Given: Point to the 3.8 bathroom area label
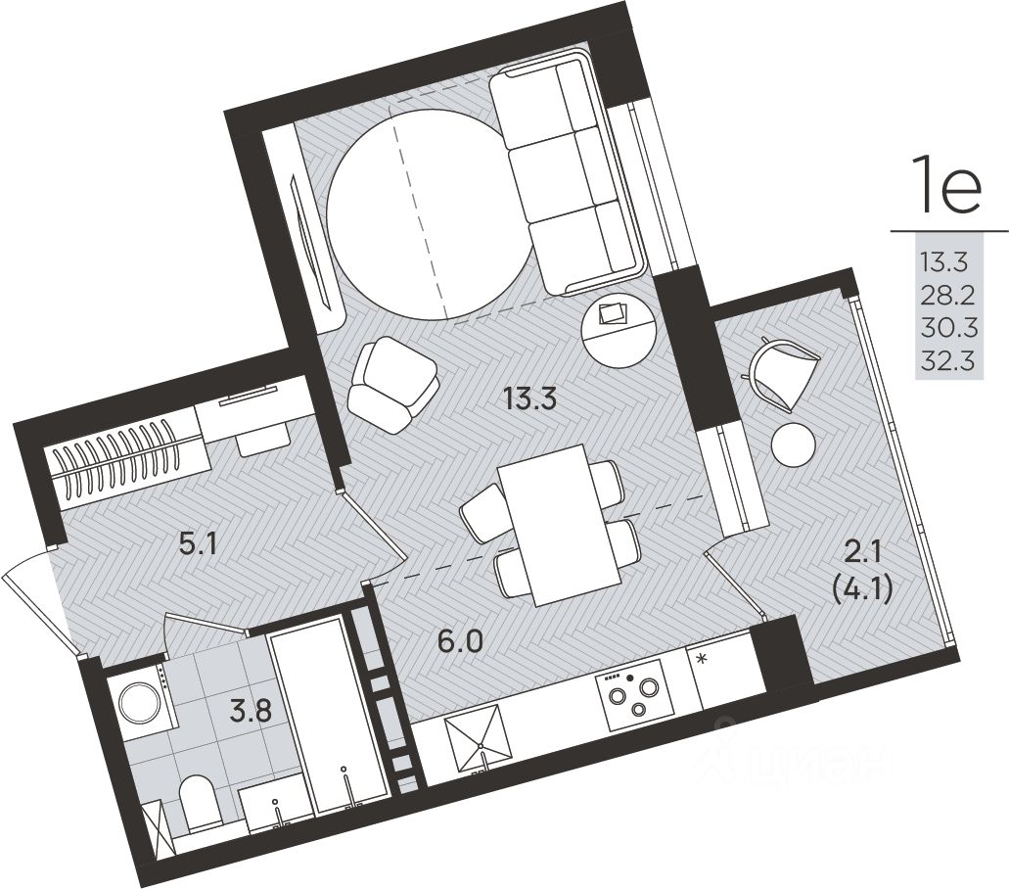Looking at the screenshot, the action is pos(251,712).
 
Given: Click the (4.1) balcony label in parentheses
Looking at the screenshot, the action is pos(862,590).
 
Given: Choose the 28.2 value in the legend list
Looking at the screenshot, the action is pos(948,296).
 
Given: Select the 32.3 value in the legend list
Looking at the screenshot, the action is pos(948,361).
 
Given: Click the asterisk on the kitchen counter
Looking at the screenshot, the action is pos(703,658).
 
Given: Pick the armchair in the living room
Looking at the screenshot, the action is pos(393,385).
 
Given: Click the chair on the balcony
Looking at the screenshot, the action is pos(783,374).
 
